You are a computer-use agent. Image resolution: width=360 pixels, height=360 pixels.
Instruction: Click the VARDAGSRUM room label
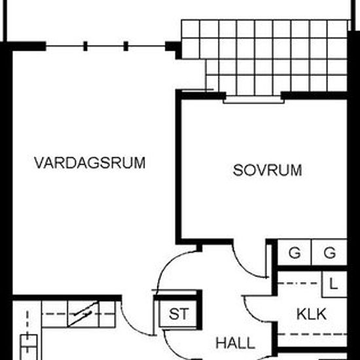(x=90, y=163)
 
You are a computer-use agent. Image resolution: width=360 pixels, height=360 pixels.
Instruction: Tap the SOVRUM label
(x=268, y=170)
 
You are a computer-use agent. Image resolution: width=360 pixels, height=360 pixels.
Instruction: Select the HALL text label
(x=236, y=343)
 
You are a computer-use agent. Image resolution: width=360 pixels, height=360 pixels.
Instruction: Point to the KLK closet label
(x=312, y=314)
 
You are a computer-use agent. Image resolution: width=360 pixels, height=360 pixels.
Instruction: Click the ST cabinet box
(x=178, y=314)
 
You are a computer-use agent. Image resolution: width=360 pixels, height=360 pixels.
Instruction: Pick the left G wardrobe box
(x=295, y=253)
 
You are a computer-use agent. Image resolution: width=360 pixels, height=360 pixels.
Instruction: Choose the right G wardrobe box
(x=329, y=253)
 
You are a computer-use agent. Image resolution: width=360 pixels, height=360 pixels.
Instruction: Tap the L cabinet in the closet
(x=334, y=284)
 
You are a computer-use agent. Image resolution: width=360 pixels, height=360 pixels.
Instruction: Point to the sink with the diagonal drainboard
(x=83, y=314)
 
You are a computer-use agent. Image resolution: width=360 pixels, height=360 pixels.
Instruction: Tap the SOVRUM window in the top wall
(x=254, y=100)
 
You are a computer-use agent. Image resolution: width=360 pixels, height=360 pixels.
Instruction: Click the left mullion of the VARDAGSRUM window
(x=85, y=46)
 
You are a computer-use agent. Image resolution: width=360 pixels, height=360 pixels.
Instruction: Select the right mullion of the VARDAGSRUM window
(x=126, y=46)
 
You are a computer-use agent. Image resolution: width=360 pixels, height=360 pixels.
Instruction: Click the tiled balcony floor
(x=264, y=58)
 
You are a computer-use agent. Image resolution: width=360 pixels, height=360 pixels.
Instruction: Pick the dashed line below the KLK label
(x=312, y=334)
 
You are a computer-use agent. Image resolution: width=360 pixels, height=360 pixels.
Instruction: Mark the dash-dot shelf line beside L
(x=299, y=283)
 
